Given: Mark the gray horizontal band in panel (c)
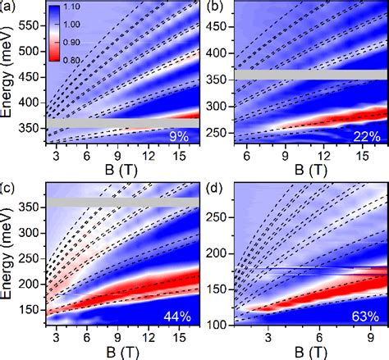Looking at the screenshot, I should coord(115,202).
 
